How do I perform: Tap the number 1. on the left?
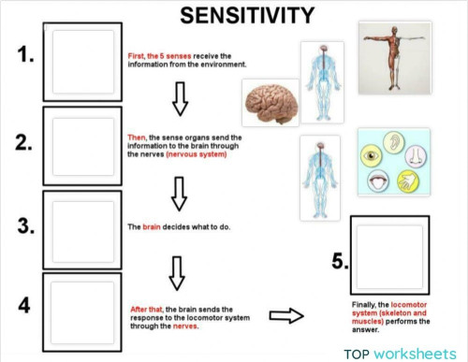coord(25,56)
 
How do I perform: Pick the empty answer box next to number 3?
coord(82,228)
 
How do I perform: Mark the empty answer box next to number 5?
coord(389,253)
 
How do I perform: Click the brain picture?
coord(270,102)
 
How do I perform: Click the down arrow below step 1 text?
coord(180,96)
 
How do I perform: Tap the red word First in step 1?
coord(137,56)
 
